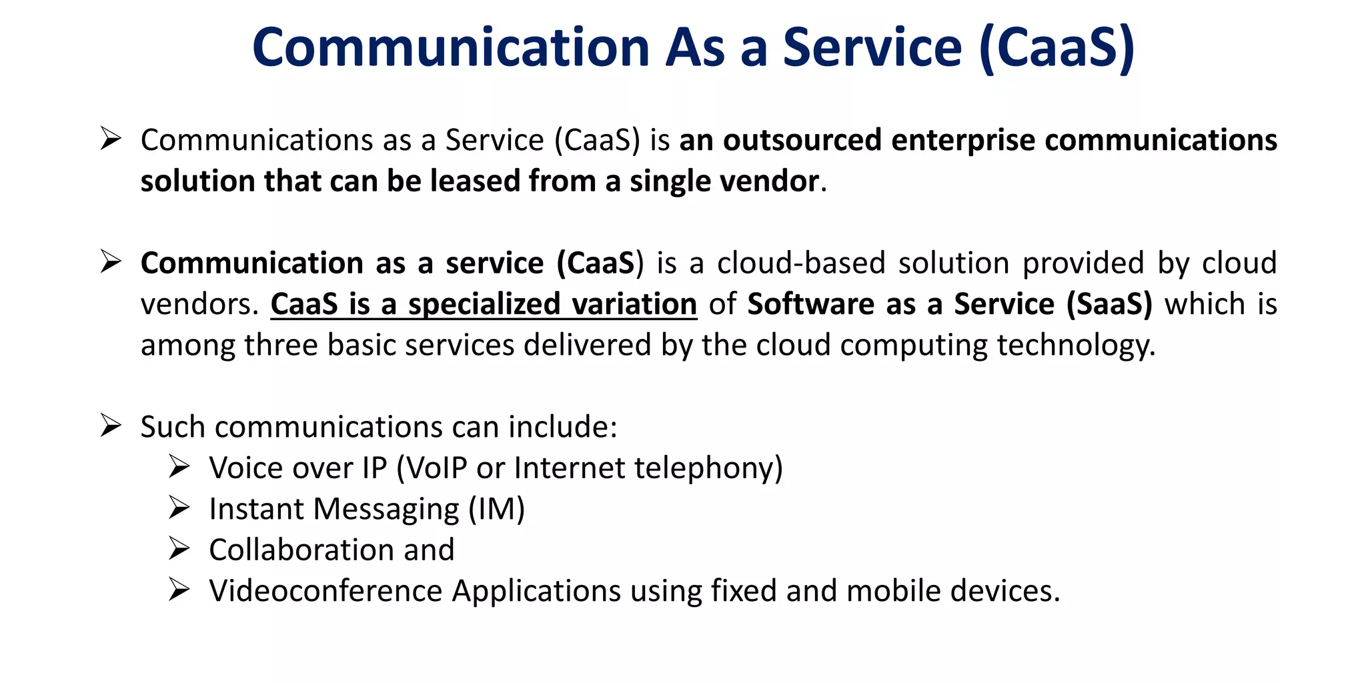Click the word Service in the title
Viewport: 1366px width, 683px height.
pos(872,48)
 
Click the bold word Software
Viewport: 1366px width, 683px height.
pos(810,304)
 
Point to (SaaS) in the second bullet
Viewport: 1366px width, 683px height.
pos(1109,304)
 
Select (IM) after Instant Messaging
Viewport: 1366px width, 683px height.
pos(496,509)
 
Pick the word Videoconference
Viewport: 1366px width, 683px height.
pos(325,591)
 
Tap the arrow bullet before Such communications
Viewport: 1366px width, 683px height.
pos(110,426)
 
